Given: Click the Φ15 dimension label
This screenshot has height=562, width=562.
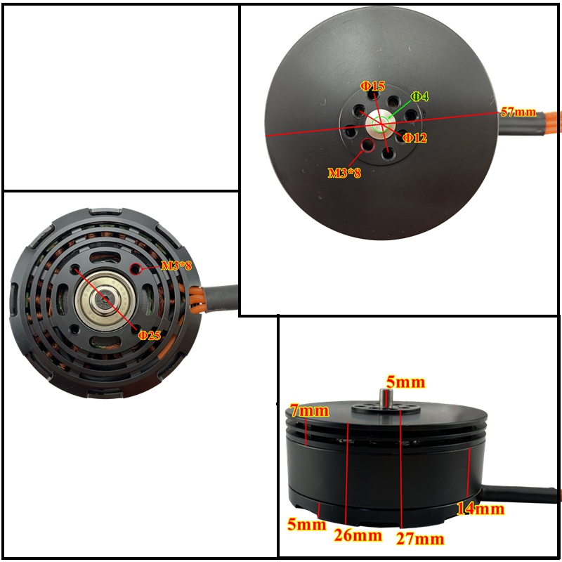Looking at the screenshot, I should (373, 86).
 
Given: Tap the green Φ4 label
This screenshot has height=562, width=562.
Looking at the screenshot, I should (419, 96).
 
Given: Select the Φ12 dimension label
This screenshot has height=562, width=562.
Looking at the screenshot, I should (414, 138).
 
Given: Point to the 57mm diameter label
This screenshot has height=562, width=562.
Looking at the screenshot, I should (518, 112).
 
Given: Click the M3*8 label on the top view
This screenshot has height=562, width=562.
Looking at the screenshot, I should (344, 171).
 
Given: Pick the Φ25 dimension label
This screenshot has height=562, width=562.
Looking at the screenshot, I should (149, 335).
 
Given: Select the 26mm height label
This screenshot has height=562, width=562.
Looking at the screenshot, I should (358, 536).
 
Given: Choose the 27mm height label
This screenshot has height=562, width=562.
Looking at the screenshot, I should (419, 539).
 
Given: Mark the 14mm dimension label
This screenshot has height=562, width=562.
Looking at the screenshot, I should (481, 509).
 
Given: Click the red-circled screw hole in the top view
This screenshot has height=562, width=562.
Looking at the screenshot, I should (367, 146).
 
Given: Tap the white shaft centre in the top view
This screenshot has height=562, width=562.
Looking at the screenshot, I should (380, 125).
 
